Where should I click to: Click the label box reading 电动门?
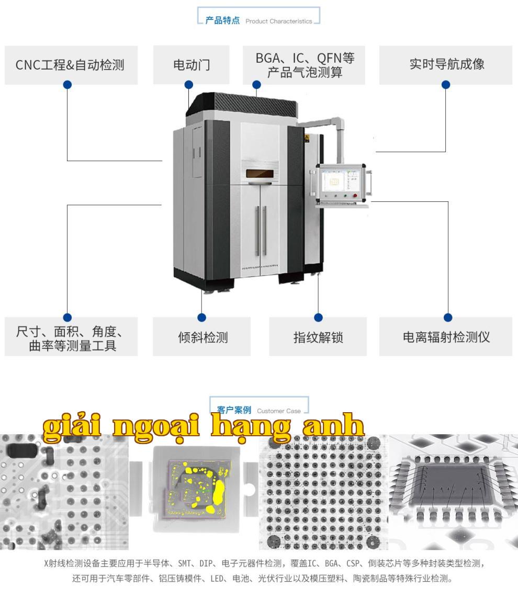point(191,65)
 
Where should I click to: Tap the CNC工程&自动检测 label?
point(71,65)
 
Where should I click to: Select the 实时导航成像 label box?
point(446,65)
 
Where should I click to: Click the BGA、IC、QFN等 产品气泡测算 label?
point(303,65)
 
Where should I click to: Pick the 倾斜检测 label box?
point(201,336)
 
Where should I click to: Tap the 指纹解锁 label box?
point(318,336)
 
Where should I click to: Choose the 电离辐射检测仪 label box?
point(446,336)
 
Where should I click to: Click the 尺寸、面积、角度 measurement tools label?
point(71,336)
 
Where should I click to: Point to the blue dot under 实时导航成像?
point(446,85)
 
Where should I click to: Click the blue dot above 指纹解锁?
point(318,317)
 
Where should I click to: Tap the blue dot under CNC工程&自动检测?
point(67,85)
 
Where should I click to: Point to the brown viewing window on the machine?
point(262,174)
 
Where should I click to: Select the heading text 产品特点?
point(222,20)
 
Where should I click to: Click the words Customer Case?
point(279,411)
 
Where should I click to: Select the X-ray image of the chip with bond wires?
point(453,492)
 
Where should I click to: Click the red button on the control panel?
point(355,196)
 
